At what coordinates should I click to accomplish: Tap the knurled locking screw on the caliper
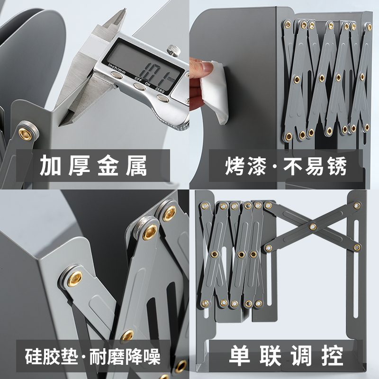coord(174,50)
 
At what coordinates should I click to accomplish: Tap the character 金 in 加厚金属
coord(108,165)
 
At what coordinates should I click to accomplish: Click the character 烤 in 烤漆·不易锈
coord(235,166)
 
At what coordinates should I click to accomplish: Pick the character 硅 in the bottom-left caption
coord(33,356)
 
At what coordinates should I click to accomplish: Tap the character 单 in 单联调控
coord(240,356)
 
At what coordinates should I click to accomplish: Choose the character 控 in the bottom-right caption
coord(333,356)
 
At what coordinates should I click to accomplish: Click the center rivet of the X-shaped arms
coord(312,226)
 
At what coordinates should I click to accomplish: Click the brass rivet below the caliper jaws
coord(26,134)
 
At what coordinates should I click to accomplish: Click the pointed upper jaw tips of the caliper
coord(124,11)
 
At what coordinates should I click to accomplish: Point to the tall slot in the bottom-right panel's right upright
coord(355,268)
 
